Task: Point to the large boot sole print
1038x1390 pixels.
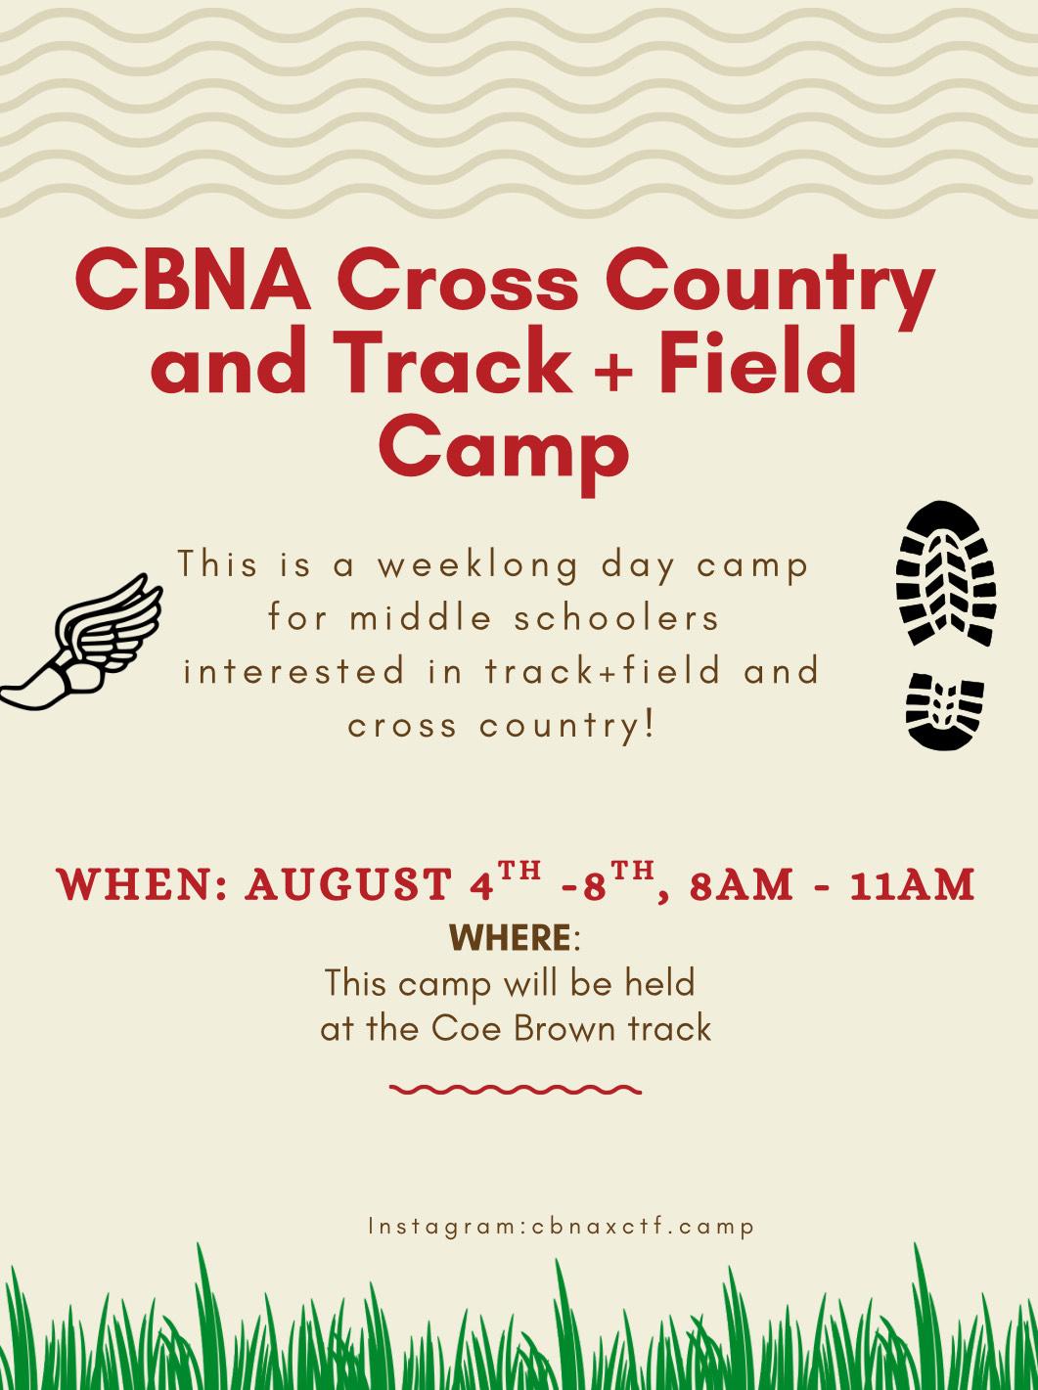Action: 945,572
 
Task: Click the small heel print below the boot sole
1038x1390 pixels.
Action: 944,711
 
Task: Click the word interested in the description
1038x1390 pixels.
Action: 293,671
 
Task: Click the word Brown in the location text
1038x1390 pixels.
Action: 564,1029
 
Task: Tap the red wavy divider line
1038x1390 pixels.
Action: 516,1089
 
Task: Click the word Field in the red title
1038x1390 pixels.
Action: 758,364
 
